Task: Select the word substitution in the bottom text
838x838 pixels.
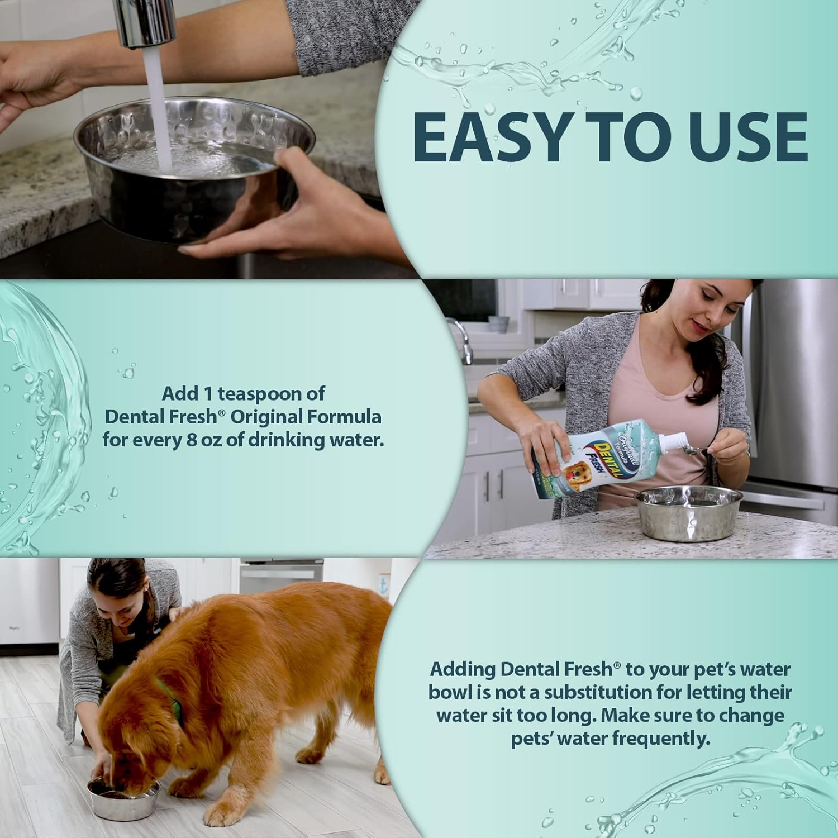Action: click(606, 692)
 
